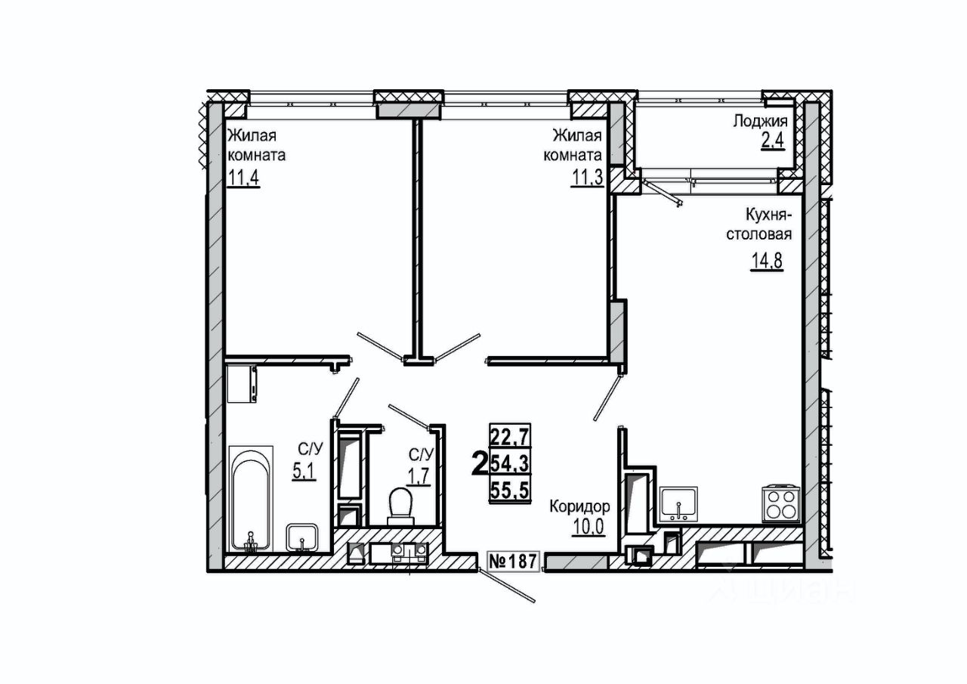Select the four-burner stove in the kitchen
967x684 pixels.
coord(780,502)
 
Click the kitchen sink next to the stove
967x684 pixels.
coord(678,505)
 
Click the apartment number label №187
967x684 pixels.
coord(512,562)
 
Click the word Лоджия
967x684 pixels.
coord(760,121)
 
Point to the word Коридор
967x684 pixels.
coord(579,506)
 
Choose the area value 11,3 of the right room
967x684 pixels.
coord(587,180)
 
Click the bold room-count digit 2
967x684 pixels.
coord(479,463)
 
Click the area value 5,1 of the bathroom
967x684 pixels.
coord(304,471)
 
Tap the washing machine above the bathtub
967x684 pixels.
coord(242,384)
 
